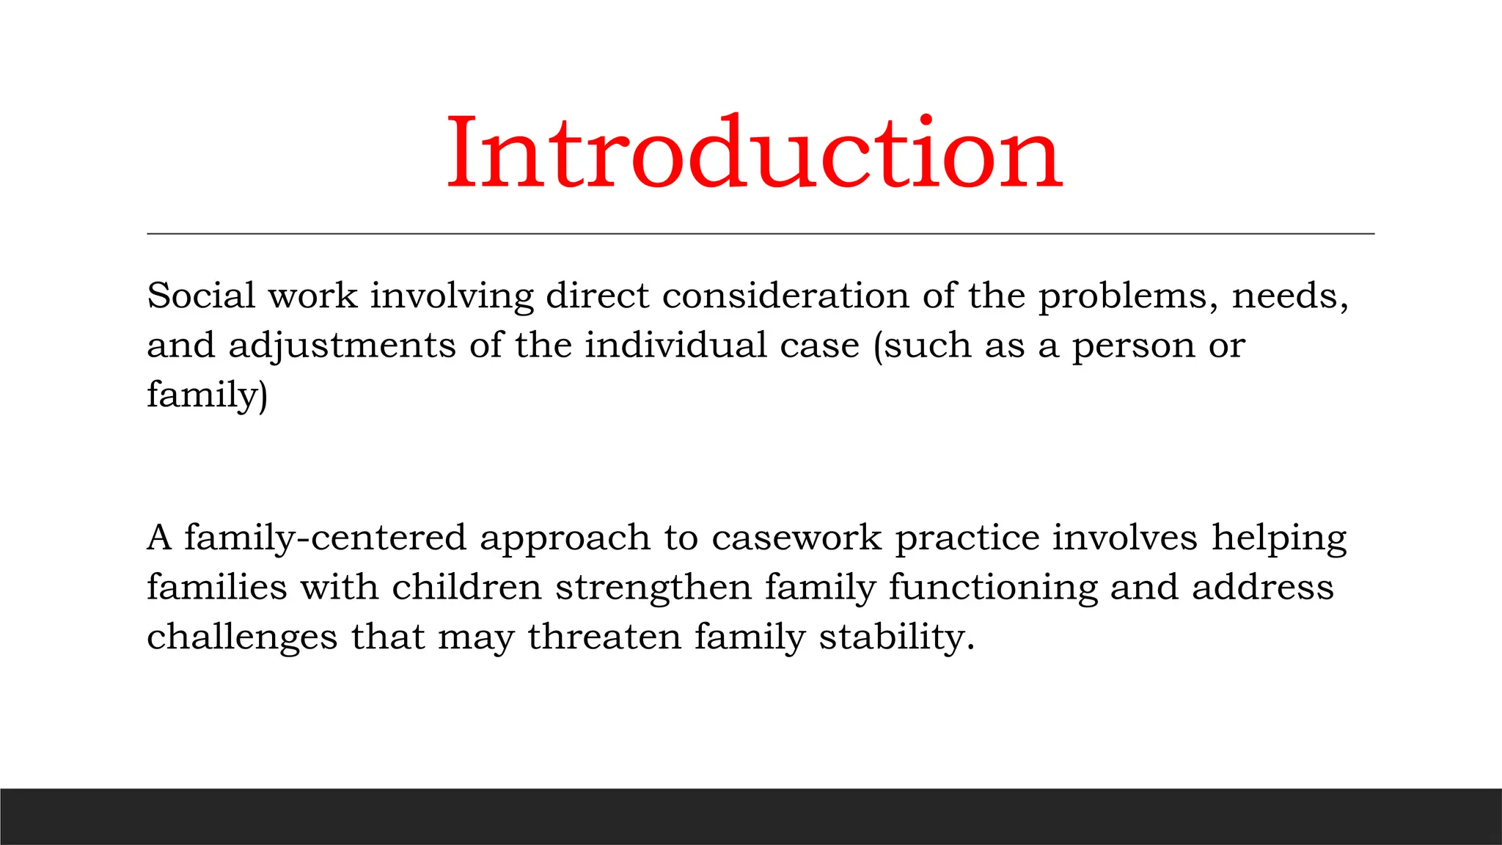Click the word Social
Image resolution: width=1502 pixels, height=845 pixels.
click(201, 296)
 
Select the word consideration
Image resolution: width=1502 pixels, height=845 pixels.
click(785, 296)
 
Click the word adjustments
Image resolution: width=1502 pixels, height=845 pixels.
click(342, 346)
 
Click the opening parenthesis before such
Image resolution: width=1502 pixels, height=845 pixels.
click(878, 346)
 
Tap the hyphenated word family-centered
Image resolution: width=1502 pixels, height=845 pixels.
click(325, 538)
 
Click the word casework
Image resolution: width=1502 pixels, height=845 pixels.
click(796, 538)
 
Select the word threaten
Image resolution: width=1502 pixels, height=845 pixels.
click(604, 637)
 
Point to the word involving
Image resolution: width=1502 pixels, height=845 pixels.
click(452, 297)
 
